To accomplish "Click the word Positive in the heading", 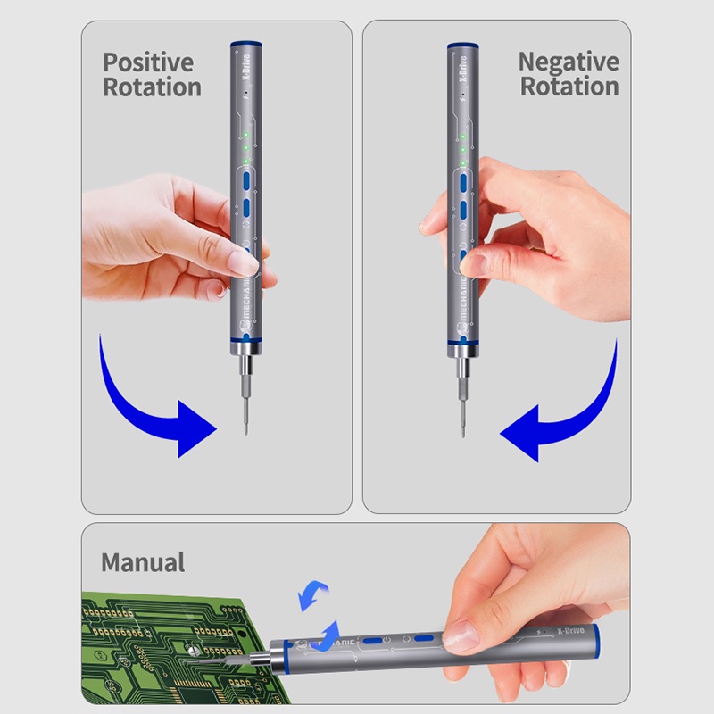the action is (x=148, y=62).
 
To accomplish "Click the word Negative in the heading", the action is (x=569, y=62).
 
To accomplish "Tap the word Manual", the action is (x=143, y=562).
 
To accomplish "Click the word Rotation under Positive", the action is (x=152, y=87).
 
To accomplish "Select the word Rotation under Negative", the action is (x=569, y=86).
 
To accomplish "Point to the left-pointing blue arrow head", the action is (x=520, y=434).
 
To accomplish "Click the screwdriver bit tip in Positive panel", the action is (x=246, y=433).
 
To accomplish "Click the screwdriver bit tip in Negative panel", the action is (x=463, y=435).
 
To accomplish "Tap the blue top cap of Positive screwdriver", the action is (x=246, y=44).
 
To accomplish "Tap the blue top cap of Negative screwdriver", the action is (x=462, y=46).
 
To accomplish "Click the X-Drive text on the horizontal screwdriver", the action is (x=570, y=631).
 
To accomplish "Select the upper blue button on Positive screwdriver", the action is (x=246, y=180).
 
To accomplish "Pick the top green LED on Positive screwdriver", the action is (x=246, y=135).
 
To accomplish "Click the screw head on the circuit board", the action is (x=195, y=652).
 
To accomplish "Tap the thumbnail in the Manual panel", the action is (x=461, y=635).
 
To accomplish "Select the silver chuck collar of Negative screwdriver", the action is (x=462, y=351).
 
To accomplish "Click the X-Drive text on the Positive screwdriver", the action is (x=246, y=67).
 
